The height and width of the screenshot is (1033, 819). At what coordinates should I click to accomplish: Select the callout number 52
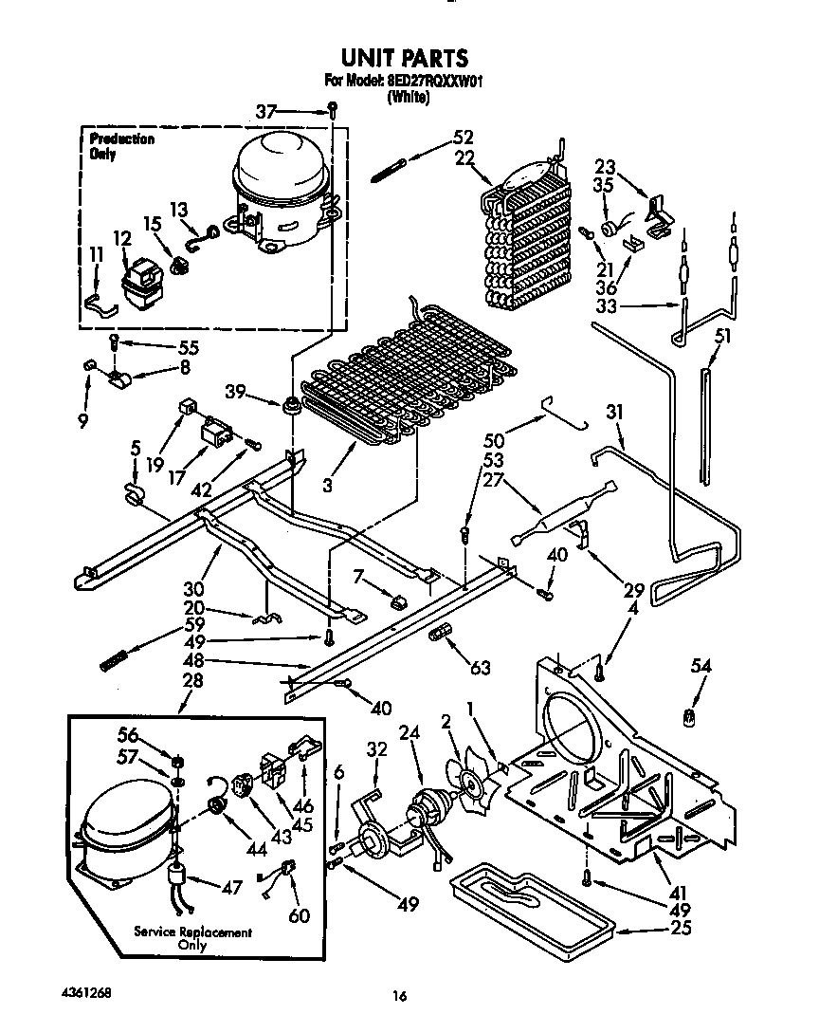click(x=464, y=136)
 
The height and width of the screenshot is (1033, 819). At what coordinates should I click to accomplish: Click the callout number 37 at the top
click(x=268, y=112)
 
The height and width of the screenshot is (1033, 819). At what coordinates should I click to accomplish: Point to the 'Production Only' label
click(x=121, y=146)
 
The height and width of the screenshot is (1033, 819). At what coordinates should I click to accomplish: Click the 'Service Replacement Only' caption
click(x=192, y=938)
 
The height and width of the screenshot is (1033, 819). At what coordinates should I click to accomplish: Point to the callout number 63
click(x=481, y=668)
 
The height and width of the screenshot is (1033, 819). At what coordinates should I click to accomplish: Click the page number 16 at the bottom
click(x=400, y=996)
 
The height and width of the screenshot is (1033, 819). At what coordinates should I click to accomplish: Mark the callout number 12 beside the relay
click(x=121, y=238)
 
